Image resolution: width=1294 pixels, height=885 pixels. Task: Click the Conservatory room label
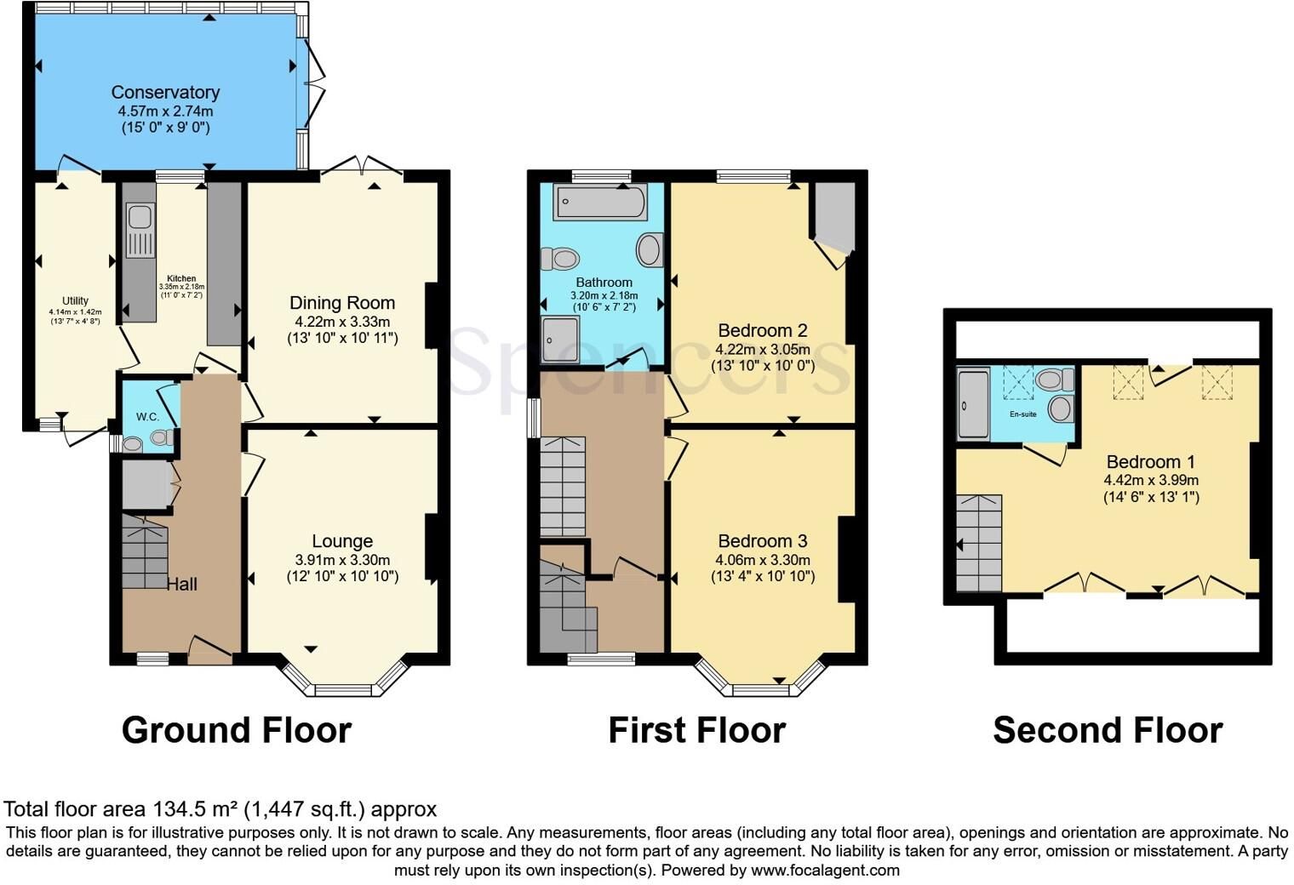165,93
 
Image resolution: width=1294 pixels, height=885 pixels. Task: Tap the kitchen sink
140,230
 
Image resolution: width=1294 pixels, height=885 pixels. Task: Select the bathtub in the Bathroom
599,202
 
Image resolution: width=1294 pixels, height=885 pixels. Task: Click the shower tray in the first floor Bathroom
560,340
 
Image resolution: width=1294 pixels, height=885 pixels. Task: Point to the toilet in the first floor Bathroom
560,259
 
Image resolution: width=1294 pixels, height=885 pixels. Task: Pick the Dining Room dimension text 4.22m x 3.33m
342,322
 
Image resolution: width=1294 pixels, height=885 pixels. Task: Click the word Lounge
342,541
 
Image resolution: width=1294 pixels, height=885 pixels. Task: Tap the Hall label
182,585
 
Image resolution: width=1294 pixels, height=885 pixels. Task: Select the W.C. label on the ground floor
147,417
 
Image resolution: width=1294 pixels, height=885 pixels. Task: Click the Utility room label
75,300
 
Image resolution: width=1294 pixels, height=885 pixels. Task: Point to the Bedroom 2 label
762,331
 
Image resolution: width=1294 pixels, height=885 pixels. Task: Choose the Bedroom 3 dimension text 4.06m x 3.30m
763,560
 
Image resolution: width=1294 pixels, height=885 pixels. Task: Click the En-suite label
1022,414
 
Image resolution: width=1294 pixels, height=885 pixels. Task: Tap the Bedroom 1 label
1151,462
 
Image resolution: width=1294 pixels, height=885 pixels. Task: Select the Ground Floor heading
237,730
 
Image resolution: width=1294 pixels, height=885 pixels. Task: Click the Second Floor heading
1108,730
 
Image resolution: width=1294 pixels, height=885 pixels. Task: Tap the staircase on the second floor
979,543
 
